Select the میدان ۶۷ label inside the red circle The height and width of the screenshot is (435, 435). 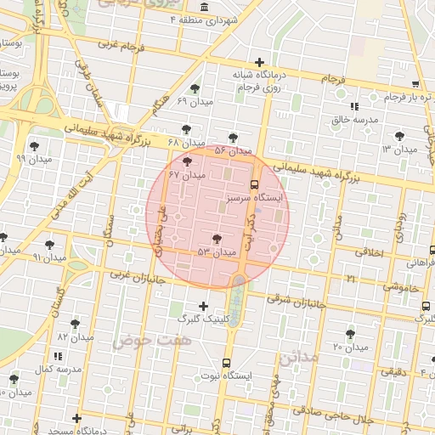pos(188,175)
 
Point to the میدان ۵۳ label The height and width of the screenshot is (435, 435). pos(217,252)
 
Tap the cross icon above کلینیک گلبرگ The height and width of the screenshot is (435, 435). pos(202,306)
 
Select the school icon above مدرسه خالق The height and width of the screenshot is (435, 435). pos(354,107)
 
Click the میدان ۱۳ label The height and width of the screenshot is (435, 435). pos(398,150)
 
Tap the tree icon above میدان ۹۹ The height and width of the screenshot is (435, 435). pos(34,145)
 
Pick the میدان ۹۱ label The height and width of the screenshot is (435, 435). pos(48,257)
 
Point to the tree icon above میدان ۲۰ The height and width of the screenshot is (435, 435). pos(350,334)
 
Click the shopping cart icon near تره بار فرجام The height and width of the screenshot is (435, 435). pos(415,84)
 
